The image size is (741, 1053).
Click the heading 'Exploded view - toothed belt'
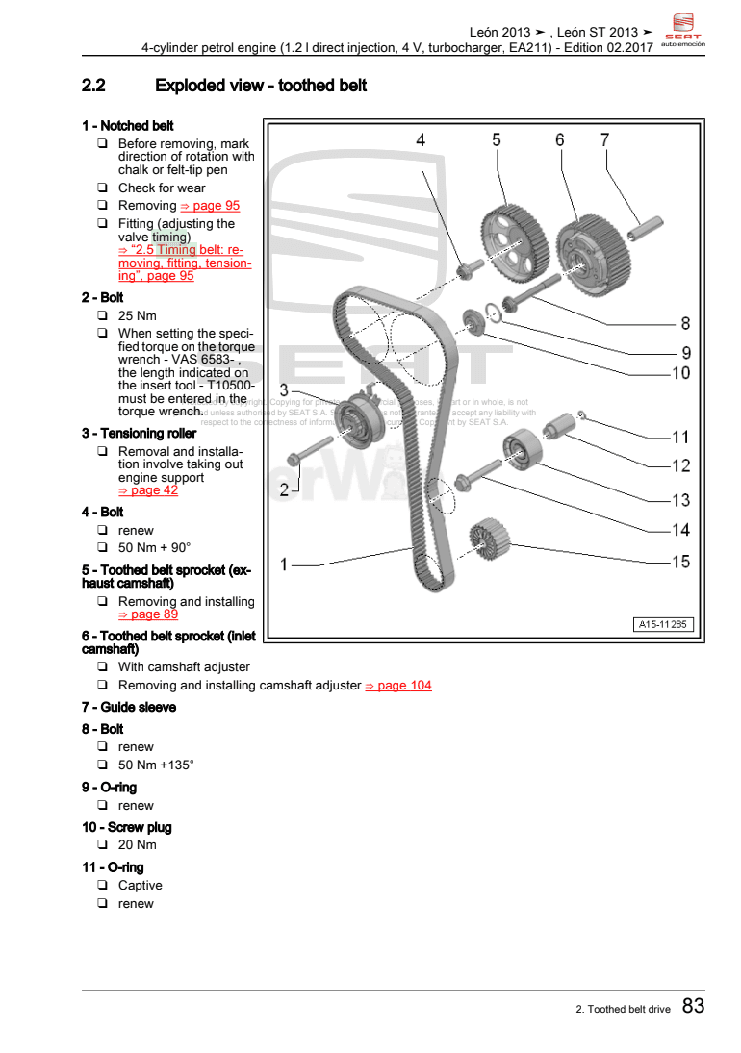pyautogui.click(x=261, y=87)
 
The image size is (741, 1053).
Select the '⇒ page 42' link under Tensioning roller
pyautogui.click(x=148, y=490)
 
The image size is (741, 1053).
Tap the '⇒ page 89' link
pyautogui.click(x=148, y=614)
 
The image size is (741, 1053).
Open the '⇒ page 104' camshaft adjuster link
pyautogui.click(x=398, y=686)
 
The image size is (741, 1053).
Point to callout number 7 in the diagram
pyautogui.click(x=604, y=140)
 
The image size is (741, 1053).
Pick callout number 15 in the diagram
pyautogui.click(x=680, y=562)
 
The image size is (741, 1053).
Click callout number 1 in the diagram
pyautogui.click(x=284, y=564)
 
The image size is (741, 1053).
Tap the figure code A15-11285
pyautogui.click(x=663, y=625)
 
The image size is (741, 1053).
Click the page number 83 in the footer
pyautogui.click(x=693, y=1006)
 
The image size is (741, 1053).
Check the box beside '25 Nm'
pyautogui.click(x=101, y=316)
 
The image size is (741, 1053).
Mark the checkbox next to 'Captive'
pyautogui.click(x=101, y=886)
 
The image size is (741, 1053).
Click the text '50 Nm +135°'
pyautogui.click(x=156, y=765)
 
